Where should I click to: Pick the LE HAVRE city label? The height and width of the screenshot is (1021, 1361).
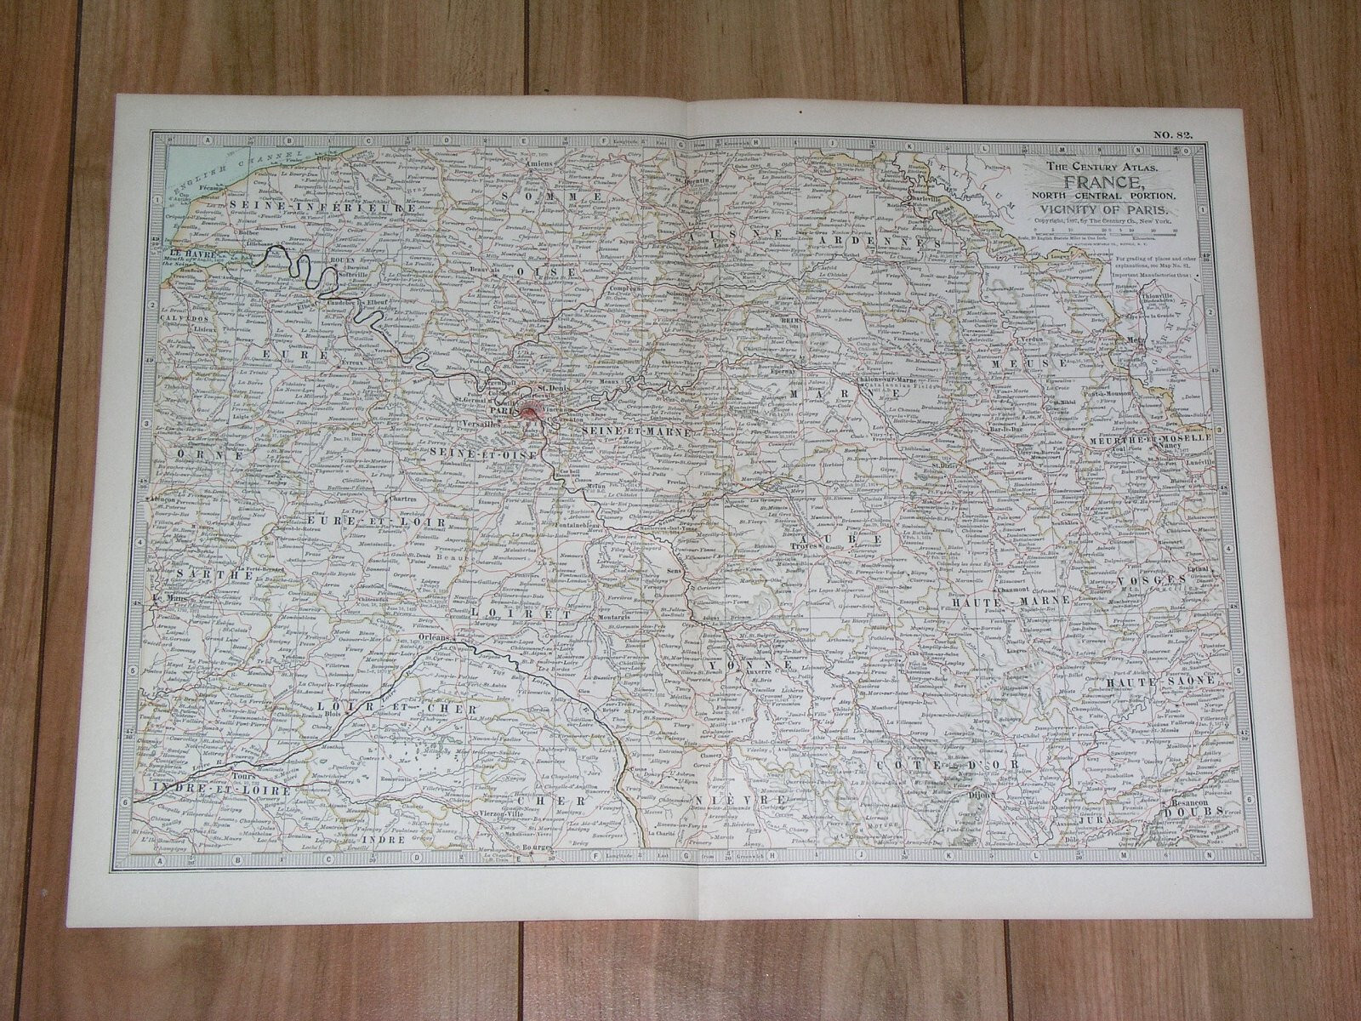[190, 252]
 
